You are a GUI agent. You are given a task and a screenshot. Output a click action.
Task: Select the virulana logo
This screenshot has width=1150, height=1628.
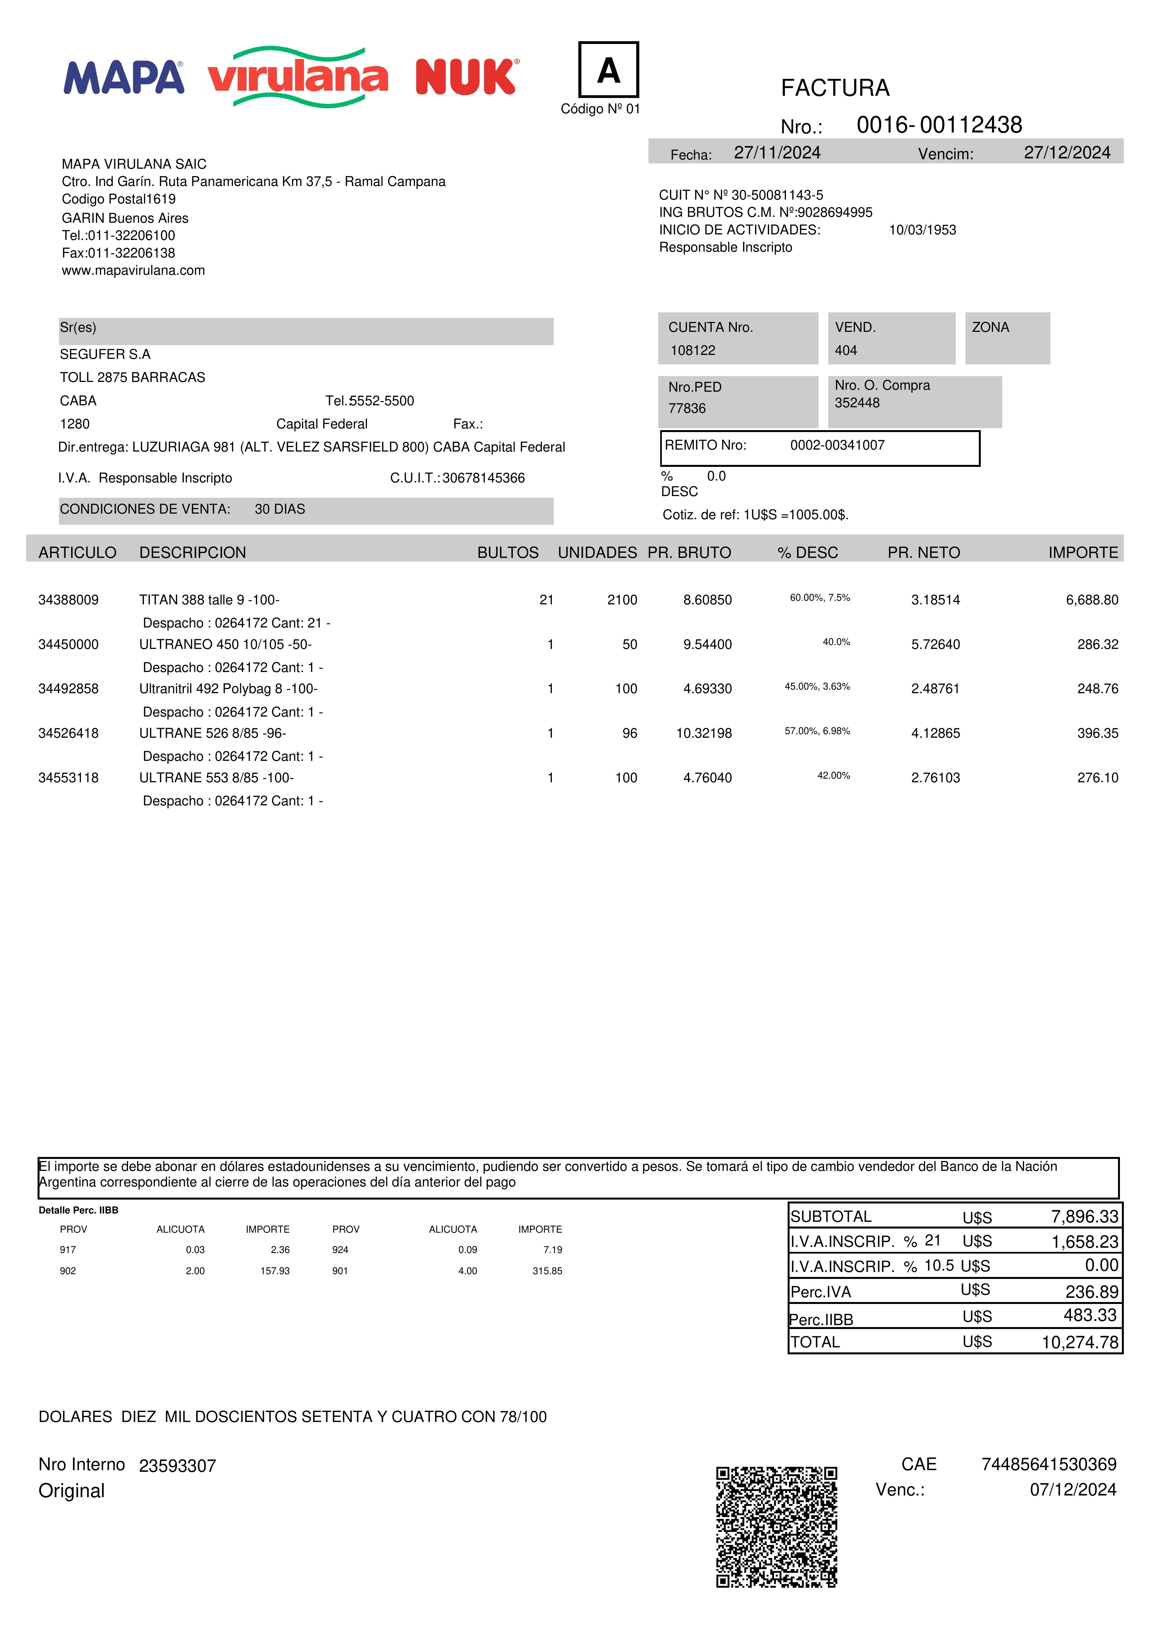coord(298,77)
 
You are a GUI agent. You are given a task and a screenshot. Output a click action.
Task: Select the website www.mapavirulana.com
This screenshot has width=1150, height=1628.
coord(133,270)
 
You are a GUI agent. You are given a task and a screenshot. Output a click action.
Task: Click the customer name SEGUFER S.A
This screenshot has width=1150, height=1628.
coord(105,354)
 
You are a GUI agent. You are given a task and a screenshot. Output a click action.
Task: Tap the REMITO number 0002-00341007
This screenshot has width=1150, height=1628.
coord(837,445)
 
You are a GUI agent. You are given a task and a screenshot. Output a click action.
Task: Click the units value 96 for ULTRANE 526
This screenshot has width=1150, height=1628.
coord(630,733)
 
